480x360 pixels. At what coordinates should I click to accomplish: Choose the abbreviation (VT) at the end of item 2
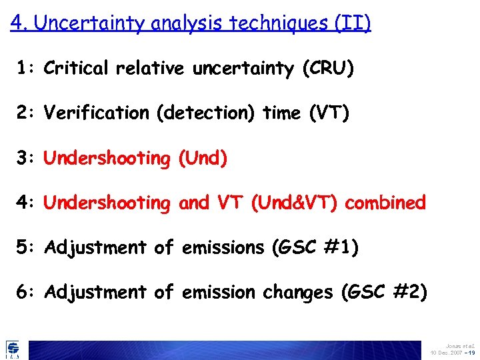pyautogui.click(x=329, y=113)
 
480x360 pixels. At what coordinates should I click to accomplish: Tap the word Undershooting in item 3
pyautogui.click(x=107, y=158)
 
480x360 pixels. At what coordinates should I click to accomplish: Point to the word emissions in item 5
pyautogui.click(x=223, y=247)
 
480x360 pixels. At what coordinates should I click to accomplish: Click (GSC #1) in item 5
pyautogui.click(x=315, y=247)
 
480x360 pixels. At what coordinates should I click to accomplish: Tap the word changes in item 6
pyautogui.click(x=296, y=292)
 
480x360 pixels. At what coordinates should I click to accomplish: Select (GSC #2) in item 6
pyautogui.click(x=385, y=292)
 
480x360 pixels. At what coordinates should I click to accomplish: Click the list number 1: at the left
pyautogui.click(x=27, y=69)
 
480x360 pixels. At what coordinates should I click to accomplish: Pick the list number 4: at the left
pyautogui.click(x=27, y=203)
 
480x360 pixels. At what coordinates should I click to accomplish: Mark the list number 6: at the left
pyautogui.click(x=27, y=292)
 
